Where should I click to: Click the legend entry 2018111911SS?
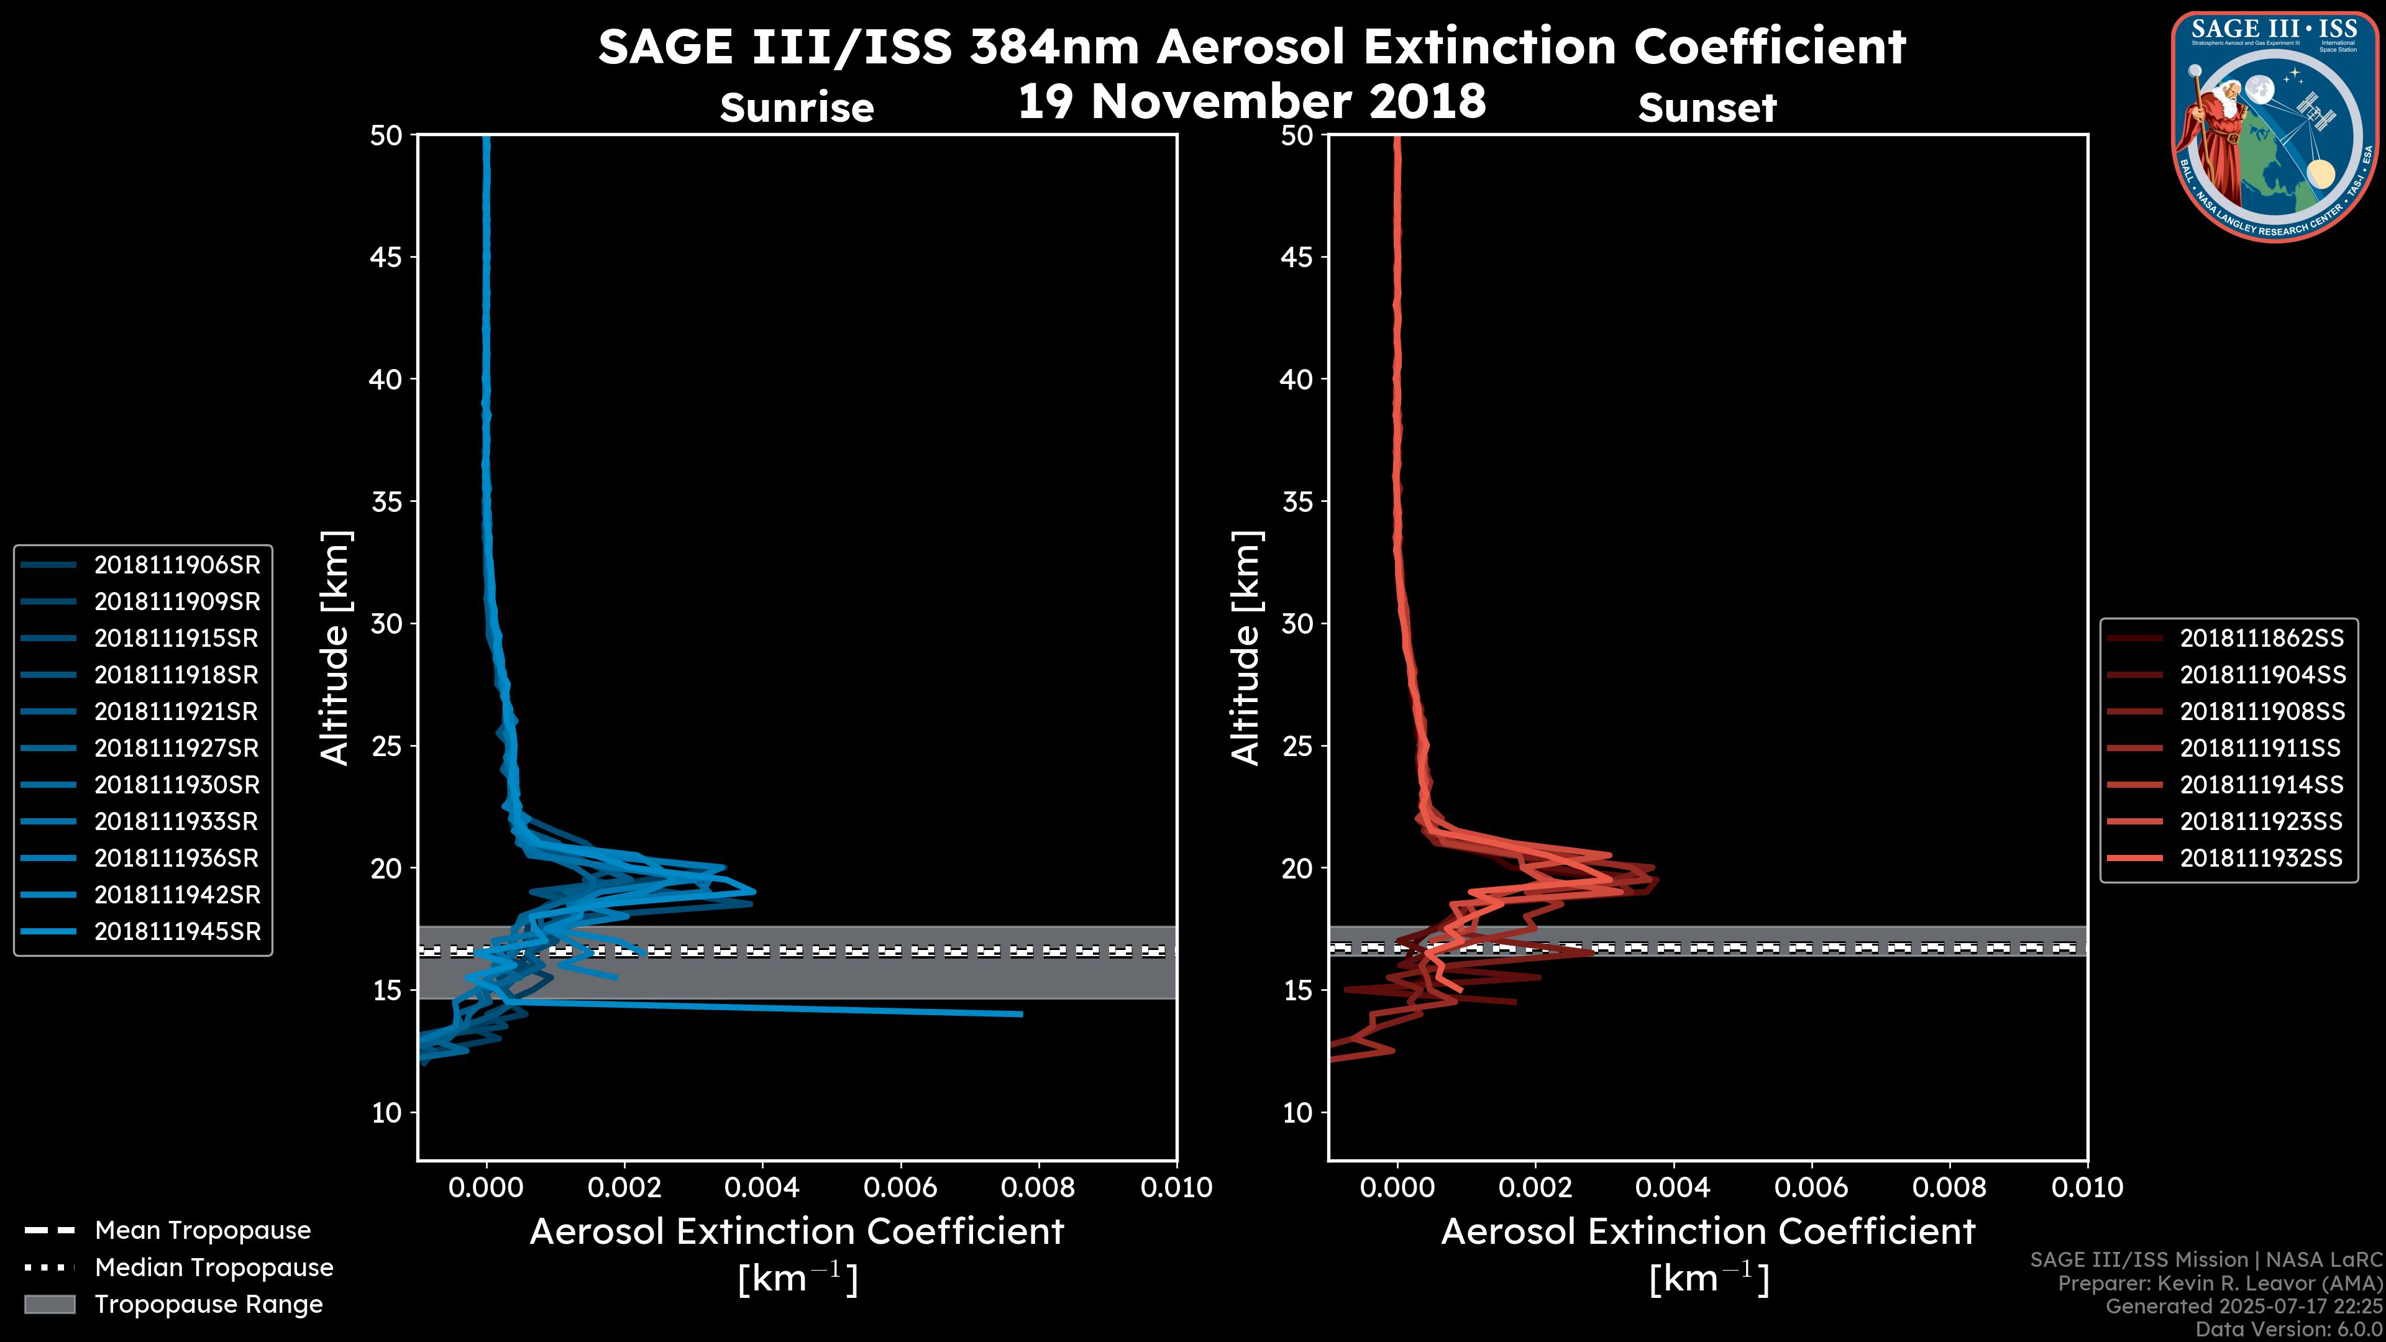2259,748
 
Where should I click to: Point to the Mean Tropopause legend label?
203,1231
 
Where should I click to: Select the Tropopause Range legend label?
208,1304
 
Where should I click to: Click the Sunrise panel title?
797,108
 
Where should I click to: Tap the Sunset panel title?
1707,108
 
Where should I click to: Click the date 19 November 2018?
1251,101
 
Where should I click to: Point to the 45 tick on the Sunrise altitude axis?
387,257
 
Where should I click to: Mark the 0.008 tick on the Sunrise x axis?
1038,1187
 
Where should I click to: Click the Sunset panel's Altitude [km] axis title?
1246,648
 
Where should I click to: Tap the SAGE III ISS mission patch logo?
2277,127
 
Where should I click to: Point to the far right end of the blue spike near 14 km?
1022,1014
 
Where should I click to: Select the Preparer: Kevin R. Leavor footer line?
2219,1284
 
